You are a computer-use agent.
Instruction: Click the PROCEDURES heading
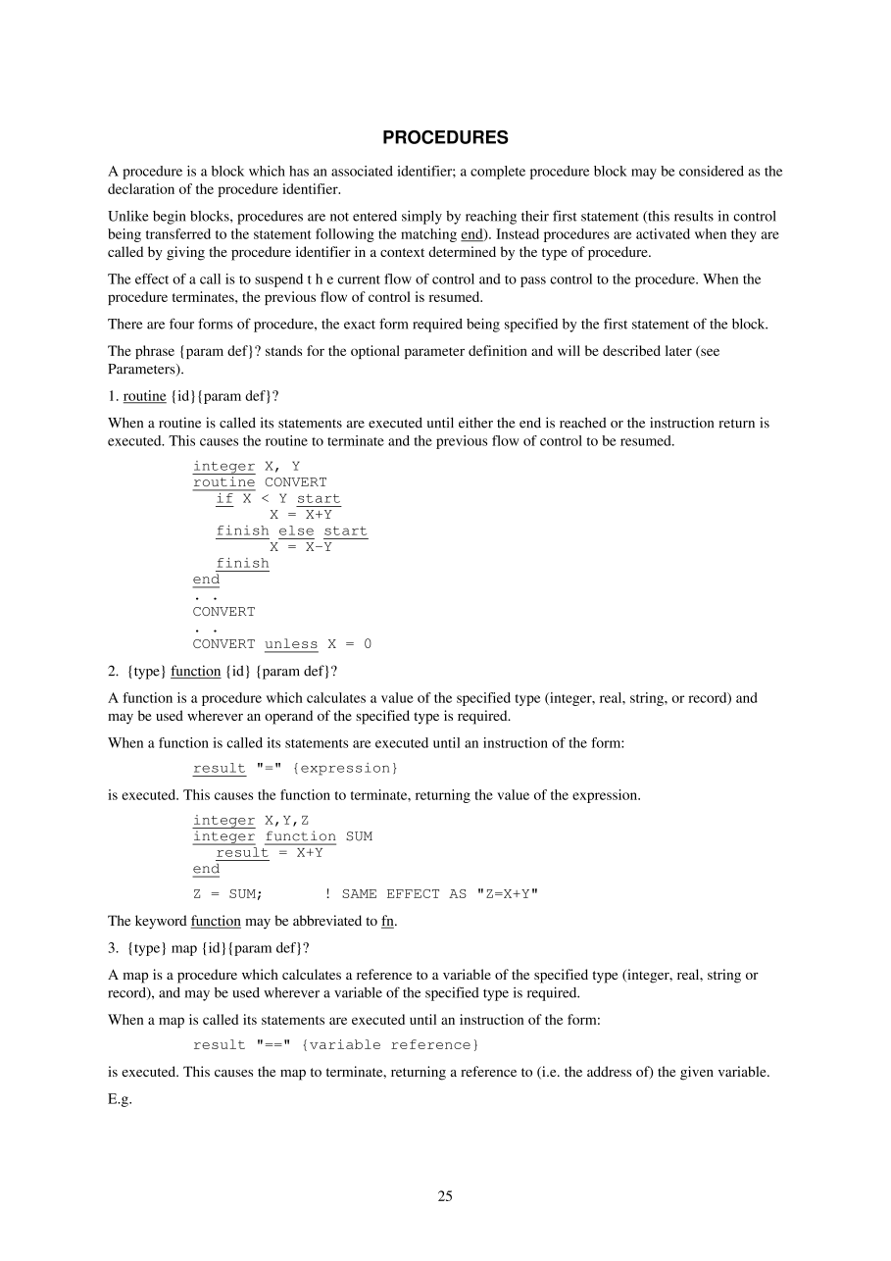point(445,137)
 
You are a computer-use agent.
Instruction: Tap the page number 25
point(445,1195)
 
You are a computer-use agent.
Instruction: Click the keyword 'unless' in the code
point(291,644)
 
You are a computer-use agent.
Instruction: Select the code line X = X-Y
point(301,547)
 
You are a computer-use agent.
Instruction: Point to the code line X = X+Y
point(301,515)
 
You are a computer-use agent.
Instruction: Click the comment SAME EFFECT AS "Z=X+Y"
point(431,893)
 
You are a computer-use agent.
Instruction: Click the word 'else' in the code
point(296,530)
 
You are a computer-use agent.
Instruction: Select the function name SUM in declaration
point(359,836)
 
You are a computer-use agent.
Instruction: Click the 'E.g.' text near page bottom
point(120,1100)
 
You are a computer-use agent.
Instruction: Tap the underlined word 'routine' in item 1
point(145,396)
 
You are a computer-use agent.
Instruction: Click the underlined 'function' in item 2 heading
point(195,672)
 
